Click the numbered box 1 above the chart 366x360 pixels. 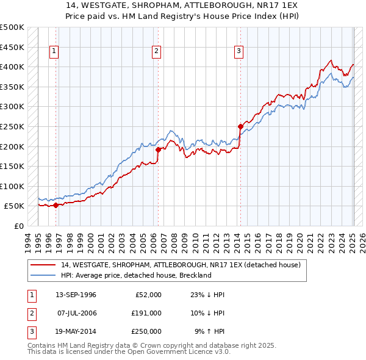pyautogui.click(x=54, y=51)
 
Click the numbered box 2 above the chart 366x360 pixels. pyautogui.click(x=157, y=51)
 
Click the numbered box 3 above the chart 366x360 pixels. pyautogui.click(x=239, y=51)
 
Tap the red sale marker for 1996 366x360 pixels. pyautogui.click(x=56, y=205)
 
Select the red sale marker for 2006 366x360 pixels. pyautogui.click(x=158, y=149)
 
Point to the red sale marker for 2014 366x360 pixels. pyautogui.click(x=240, y=126)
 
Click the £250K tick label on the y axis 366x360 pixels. pyautogui.click(x=12, y=126)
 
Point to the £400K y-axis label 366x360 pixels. pyautogui.click(x=12, y=67)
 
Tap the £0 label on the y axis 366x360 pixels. pyautogui.click(x=18, y=226)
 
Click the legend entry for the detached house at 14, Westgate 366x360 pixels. pyautogui.click(x=181, y=265)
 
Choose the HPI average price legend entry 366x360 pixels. pyautogui.click(x=135, y=275)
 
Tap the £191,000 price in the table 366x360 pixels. pyautogui.click(x=146, y=313)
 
